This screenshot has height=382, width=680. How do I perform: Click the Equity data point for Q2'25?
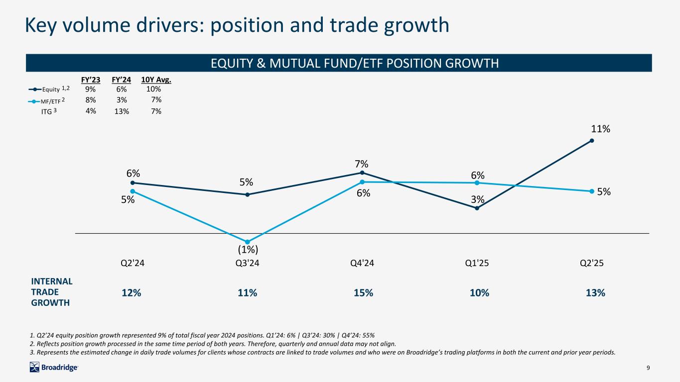591,140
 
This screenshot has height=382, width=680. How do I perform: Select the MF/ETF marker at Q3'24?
248,242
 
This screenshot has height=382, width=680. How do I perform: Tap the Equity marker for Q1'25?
477,208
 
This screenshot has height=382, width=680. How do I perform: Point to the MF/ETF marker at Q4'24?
362,182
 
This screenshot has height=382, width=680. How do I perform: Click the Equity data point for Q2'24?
133,183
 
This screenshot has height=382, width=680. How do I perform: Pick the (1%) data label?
248,249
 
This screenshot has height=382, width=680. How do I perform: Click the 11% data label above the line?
601,129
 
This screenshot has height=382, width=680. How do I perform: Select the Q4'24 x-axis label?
362,264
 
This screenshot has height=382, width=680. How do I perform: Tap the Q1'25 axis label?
477,264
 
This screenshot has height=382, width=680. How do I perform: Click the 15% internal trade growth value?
363,293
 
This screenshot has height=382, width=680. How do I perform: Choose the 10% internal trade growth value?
479,293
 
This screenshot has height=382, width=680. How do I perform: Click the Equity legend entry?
50,89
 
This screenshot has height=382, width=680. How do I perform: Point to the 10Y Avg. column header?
156,80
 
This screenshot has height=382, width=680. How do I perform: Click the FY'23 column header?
91,80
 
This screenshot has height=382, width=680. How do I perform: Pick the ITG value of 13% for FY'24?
122,111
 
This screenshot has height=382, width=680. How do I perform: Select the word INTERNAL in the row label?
52,281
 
